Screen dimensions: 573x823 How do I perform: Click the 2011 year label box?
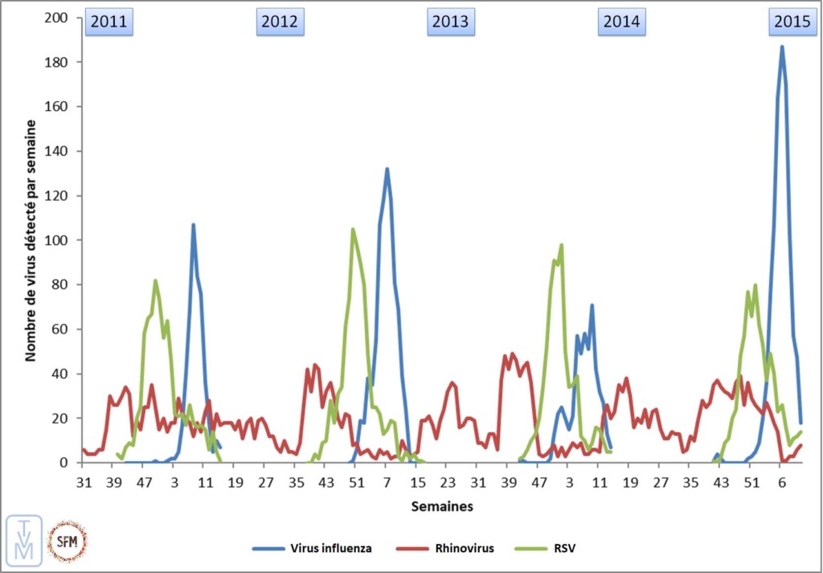109,23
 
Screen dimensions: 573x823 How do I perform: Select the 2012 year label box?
279,23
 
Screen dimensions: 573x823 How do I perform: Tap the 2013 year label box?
450,23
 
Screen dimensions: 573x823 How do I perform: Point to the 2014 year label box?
621,23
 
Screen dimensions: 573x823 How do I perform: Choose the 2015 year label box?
792,23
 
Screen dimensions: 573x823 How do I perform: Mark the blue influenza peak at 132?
387,169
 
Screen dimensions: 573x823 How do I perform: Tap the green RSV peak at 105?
353,229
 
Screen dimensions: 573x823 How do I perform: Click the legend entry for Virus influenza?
313,548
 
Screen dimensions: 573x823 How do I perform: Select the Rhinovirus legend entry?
445,548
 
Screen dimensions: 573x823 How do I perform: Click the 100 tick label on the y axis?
58,240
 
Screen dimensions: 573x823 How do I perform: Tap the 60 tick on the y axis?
61,329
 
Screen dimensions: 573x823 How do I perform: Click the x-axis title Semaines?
441,506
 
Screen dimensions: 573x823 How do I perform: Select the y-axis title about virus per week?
31,240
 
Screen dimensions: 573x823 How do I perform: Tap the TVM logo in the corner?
22,538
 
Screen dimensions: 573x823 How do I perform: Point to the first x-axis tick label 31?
83,482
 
